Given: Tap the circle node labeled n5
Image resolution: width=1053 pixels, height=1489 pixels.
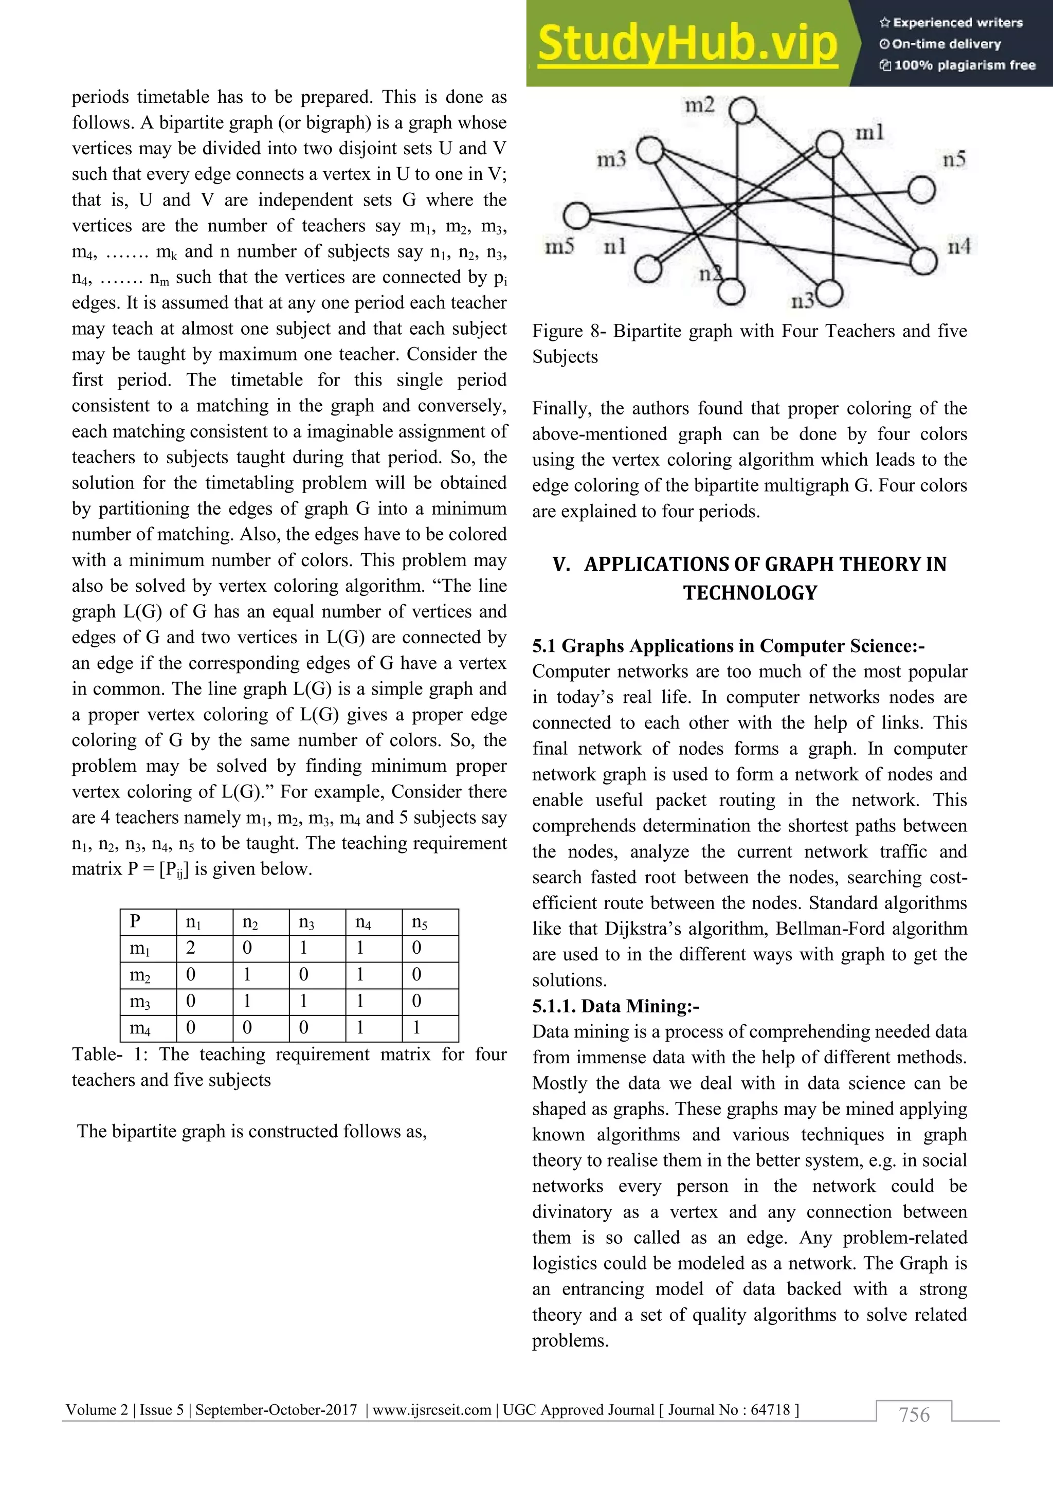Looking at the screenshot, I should [x=921, y=191].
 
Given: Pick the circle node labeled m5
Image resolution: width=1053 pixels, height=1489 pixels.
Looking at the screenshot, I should [x=576, y=216].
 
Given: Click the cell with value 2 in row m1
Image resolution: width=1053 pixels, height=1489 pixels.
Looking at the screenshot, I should [x=191, y=948].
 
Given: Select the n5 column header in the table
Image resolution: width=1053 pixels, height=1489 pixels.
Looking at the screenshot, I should [x=419, y=921].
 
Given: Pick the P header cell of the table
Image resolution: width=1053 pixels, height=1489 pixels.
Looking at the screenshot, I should [x=136, y=921].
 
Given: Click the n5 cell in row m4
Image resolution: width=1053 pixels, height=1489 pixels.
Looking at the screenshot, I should [x=417, y=1027].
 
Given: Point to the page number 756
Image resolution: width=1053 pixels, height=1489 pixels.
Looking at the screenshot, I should [x=914, y=1414].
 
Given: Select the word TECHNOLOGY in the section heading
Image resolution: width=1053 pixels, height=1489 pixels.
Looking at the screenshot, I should [x=750, y=593].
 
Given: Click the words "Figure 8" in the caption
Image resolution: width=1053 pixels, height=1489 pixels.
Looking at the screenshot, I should [x=566, y=332].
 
